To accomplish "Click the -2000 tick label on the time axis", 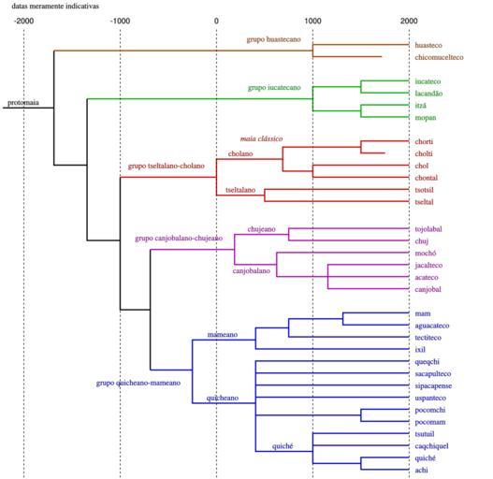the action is pyautogui.click(x=23, y=22).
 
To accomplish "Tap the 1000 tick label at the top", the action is pyautogui.click(x=312, y=22).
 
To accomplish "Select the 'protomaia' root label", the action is pyautogui.click(x=23, y=103).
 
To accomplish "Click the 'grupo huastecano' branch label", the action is pyautogui.click(x=273, y=39).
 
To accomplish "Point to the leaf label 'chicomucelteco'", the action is pyautogui.click(x=439, y=57).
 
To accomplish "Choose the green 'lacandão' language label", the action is pyautogui.click(x=428, y=94).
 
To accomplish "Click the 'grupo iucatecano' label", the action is pyautogui.click(x=274, y=87).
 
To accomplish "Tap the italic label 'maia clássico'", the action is pyautogui.click(x=261, y=138).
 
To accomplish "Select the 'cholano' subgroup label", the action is pyautogui.click(x=240, y=153).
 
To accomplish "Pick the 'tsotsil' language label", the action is pyautogui.click(x=424, y=190).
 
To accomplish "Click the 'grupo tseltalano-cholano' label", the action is pyautogui.click(x=166, y=166).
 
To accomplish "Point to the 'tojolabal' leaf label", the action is pyautogui.click(x=428, y=229).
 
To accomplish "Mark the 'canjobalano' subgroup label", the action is pyautogui.click(x=252, y=270).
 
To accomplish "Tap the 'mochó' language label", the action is pyautogui.click(x=426, y=254).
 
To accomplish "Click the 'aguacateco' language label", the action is pyautogui.click(x=432, y=326).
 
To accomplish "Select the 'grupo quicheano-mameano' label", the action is pyautogui.click(x=138, y=383).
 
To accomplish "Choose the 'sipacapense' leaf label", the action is pyautogui.click(x=433, y=385).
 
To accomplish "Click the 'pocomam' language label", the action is pyautogui.click(x=430, y=422).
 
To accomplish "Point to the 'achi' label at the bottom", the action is pyautogui.click(x=421, y=471).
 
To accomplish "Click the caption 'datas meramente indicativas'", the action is pyautogui.click(x=55, y=6).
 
